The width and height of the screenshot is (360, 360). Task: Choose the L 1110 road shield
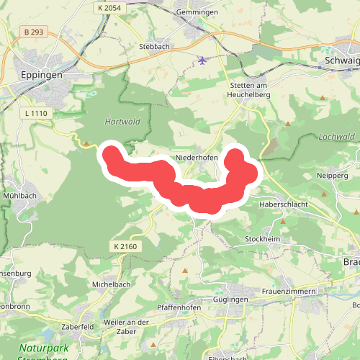(x=34, y=113)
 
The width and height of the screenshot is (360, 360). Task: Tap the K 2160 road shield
(x=125, y=247)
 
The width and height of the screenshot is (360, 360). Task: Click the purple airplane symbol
(x=203, y=60)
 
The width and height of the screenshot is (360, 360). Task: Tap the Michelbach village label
(x=110, y=284)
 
